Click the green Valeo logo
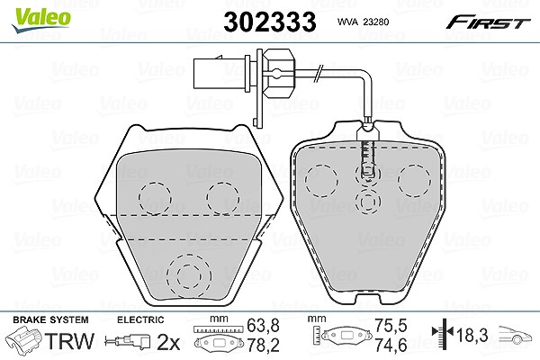coord(41,20)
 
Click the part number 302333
coord(270,22)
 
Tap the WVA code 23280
coord(376,22)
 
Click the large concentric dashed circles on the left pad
coord(189,276)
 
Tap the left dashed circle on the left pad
coord(155,199)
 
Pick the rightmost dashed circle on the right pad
coord(414,181)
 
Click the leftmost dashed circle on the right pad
coord(321,181)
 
